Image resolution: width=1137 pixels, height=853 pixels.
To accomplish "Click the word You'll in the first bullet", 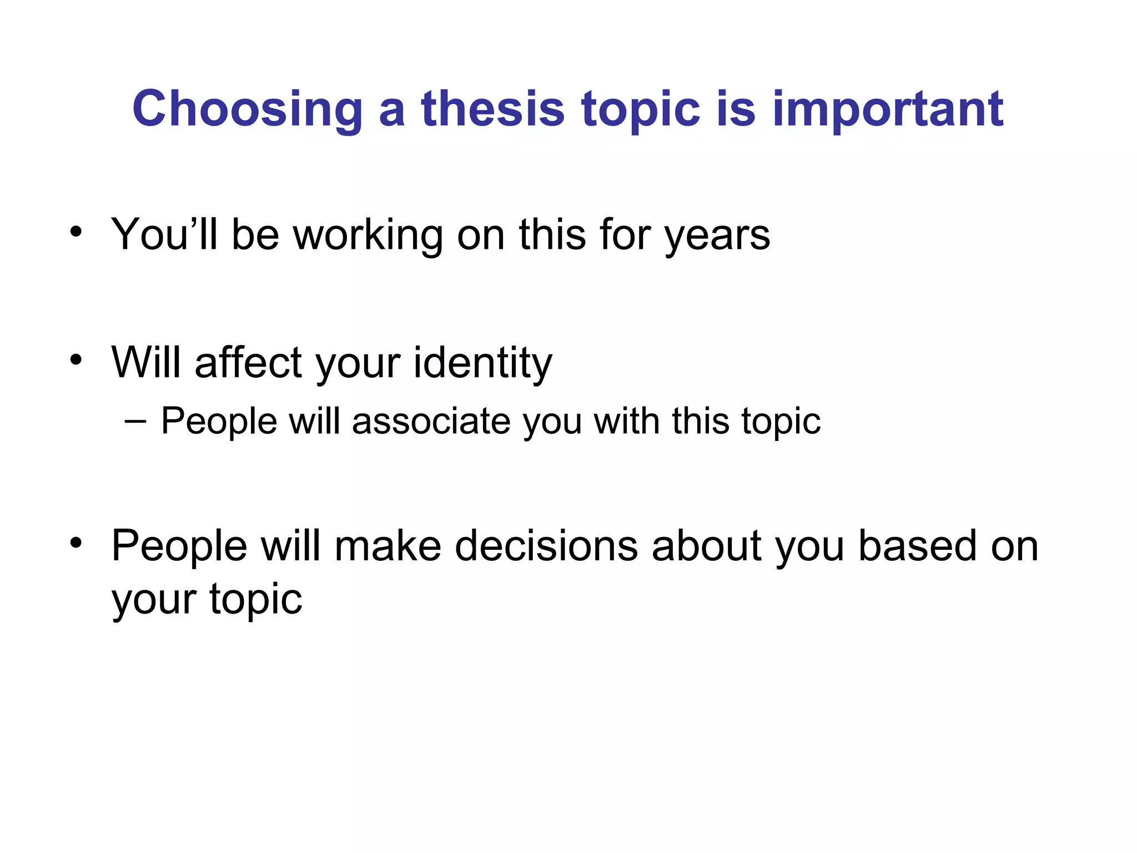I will coord(164,234).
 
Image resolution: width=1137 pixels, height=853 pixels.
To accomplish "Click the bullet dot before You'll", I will coord(76,232).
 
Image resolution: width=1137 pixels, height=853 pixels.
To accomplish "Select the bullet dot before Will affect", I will coord(76,359).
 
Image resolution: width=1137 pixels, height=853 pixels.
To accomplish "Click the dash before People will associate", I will coord(136,421).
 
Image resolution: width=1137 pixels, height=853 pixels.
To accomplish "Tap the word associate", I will coord(431,421).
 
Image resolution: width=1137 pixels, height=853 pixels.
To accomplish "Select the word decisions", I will coord(546,545).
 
